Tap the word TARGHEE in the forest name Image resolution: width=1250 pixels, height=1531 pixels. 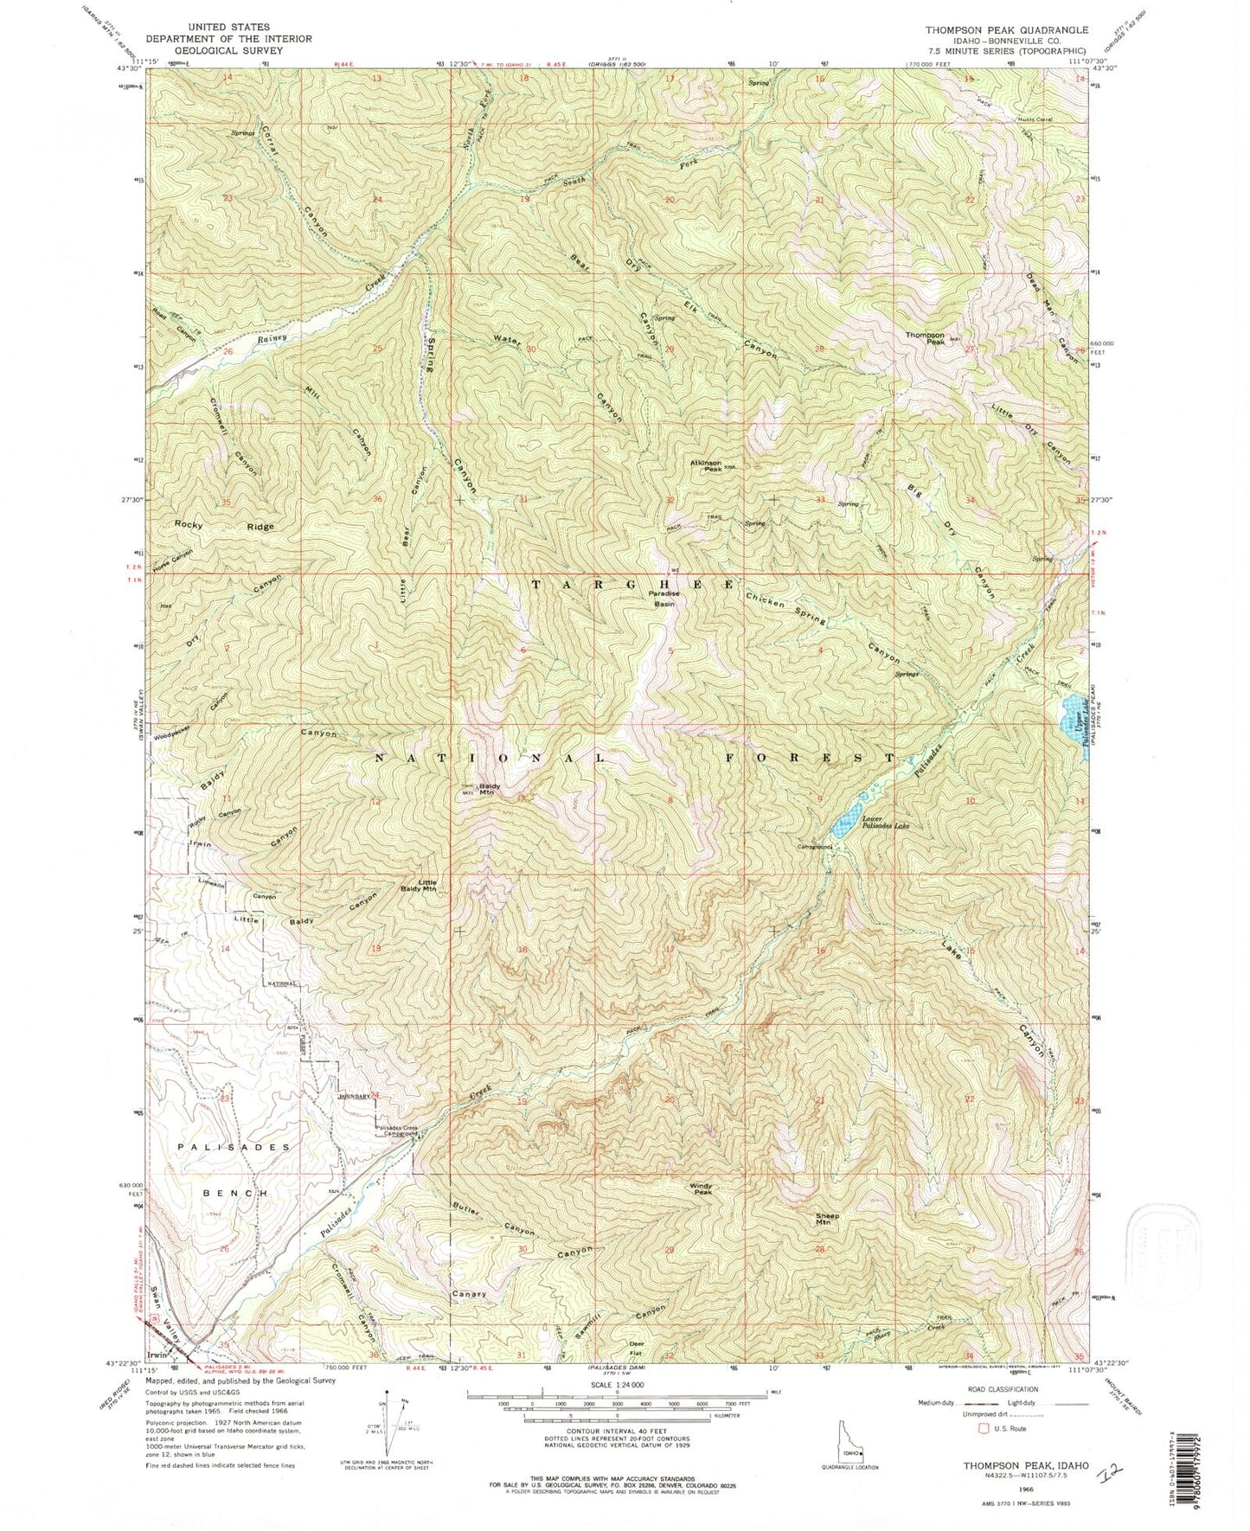click(632, 585)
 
